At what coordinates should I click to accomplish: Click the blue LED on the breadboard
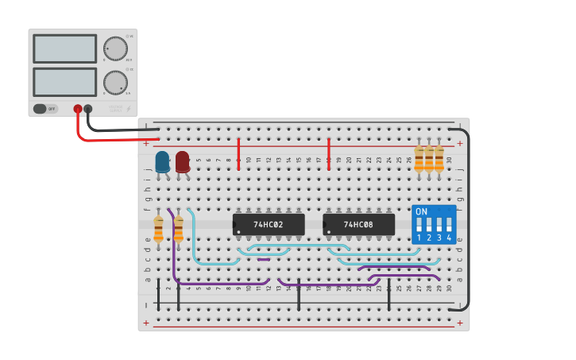(x=162, y=161)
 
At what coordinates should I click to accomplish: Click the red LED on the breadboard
(x=183, y=161)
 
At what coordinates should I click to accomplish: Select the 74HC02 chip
(x=269, y=224)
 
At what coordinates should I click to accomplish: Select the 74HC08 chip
(x=358, y=224)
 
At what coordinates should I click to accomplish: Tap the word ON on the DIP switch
(x=421, y=212)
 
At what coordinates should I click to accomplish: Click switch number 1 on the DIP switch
(x=419, y=226)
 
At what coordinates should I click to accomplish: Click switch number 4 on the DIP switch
(x=449, y=226)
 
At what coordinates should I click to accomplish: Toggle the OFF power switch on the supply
(x=46, y=109)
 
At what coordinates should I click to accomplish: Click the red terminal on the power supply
(x=78, y=109)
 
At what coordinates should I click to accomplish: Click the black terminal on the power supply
(x=88, y=109)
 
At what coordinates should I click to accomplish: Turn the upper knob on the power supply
(x=115, y=49)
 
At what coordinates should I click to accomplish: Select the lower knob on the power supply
(x=115, y=83)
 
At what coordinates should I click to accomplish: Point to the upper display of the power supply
(x=65, y=49)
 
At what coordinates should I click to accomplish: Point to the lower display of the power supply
(x=65, y=82)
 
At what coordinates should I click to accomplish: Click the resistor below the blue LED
(x=158, y=229)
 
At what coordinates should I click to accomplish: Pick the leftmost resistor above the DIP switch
(x=419, y=159)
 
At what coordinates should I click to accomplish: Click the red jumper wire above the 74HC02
(x=238, y=153)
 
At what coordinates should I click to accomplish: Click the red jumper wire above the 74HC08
(x=328, y=153)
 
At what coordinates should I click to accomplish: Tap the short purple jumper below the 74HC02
(x=264, y=259)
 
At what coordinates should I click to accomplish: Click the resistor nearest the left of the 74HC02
(x=178, y=229)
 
